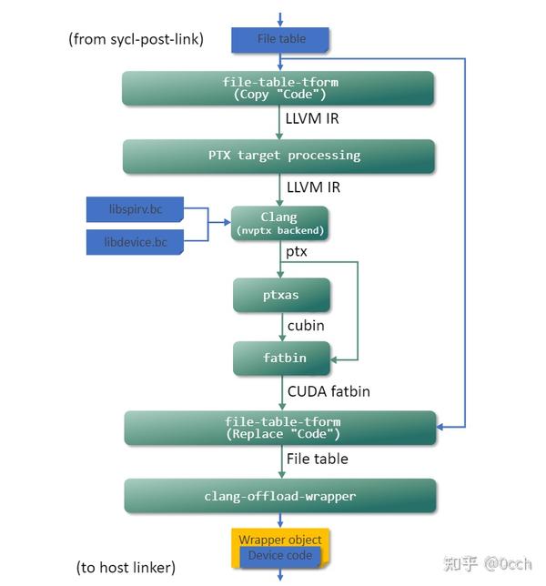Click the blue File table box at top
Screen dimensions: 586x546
click(280, 39)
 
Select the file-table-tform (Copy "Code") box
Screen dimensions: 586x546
click(278, 88)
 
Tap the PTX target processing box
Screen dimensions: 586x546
click(278, 156)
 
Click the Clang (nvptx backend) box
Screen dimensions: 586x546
click(278, 223)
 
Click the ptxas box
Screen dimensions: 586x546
click(280, 296)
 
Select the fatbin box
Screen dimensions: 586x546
click(283, 358)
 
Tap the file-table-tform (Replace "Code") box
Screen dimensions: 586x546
click(280, 428)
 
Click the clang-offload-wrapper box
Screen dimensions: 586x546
click(280, 496)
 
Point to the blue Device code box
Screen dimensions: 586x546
click(280, 556)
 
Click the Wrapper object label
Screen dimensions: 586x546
click(280, 540)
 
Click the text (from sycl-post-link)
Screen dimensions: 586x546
click(136, 39)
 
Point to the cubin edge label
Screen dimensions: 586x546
click(306, 325)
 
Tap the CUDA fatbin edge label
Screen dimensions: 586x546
click(329, 391)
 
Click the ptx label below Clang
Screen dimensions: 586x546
click(297, 251)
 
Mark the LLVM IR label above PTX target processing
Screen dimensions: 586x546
click(312, 119)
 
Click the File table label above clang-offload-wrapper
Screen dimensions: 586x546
click(317, 459)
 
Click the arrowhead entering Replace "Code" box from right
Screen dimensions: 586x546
click(442, 427)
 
